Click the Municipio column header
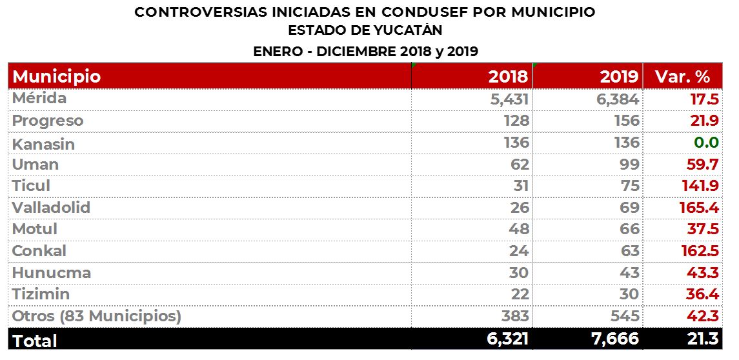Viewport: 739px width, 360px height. [57, 77]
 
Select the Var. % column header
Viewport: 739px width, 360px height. [682, 77]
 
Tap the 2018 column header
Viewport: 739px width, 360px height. [508, 77]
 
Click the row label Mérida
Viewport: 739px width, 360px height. [39, 99]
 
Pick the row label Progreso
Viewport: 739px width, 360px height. [48, 121]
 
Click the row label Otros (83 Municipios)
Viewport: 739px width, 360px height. [97, 316]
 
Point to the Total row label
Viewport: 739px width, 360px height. [35, 340]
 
